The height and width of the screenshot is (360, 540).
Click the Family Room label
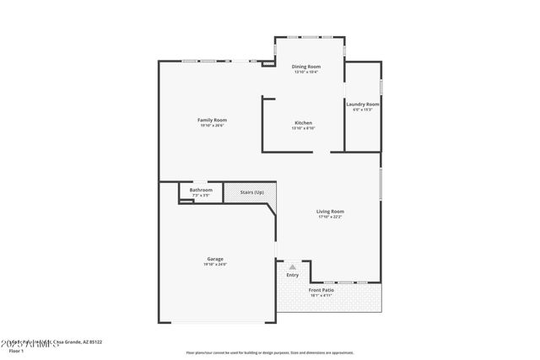(212, 120)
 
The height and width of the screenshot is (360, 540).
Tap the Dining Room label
(305, 67)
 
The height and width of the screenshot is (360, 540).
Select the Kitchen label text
(304, 123)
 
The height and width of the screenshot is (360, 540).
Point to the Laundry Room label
(363, 104)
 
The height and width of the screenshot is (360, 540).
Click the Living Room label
(330, 211)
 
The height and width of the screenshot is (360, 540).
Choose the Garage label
(215, 259)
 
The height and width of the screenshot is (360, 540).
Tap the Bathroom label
(201, 191)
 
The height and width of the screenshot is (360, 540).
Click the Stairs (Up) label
(251, 192)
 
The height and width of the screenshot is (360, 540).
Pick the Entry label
(293, 275)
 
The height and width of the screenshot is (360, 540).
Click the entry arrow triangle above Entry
(293, 266)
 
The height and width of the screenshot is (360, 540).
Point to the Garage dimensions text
(215, 265)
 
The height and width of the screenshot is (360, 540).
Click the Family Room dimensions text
(212, 126)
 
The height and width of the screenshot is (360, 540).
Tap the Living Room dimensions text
(330, 217)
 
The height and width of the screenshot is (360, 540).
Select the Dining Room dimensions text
(305, 73)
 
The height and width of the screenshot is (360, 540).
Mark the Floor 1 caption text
(16, 350)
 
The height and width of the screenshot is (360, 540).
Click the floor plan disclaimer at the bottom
(270, 352)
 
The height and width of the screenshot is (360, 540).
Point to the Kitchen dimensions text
(304, 129)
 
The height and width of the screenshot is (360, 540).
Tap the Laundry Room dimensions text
(363, 110)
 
